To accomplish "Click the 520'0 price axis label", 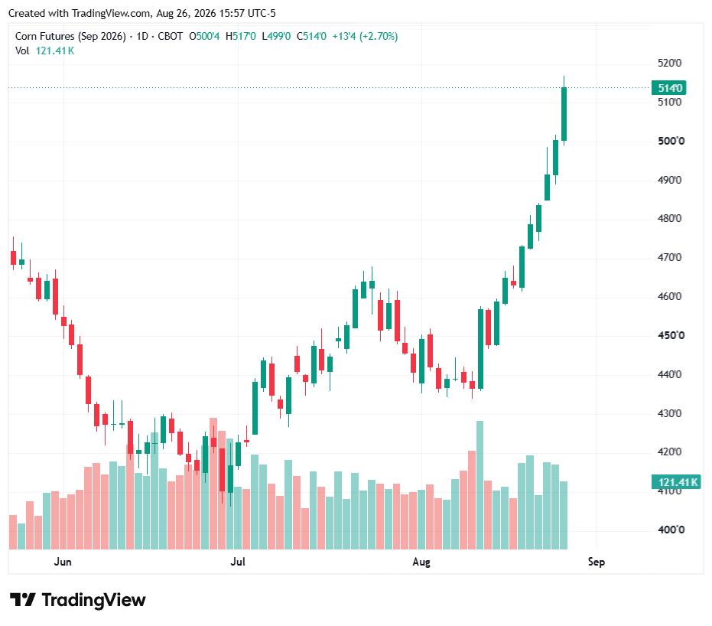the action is tap(669, 64).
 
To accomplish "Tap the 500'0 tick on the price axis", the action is tap(671, 142).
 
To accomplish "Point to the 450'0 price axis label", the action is tap(671, 336).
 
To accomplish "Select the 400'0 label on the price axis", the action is tap(671, 530).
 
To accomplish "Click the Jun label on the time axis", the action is tap(63, 562).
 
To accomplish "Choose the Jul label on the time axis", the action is tap(238, 562).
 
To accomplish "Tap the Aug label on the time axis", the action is tap(421, 562).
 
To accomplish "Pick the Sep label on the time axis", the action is tap(597, 562).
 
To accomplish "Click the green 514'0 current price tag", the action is tap(669, 88).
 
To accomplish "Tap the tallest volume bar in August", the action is tap(480, 485).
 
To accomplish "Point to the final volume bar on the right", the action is tap(564, 515).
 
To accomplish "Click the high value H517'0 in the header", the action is tap(241, 36).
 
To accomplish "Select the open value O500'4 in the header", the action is tap(204, 36).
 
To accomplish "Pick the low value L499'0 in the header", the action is tap(276, 36).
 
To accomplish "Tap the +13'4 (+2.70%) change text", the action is tap(365, 36).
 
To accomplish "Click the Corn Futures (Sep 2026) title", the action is tap(70, 36).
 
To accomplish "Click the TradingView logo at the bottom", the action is tap(78, 600).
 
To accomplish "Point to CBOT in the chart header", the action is tap(171, 36).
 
